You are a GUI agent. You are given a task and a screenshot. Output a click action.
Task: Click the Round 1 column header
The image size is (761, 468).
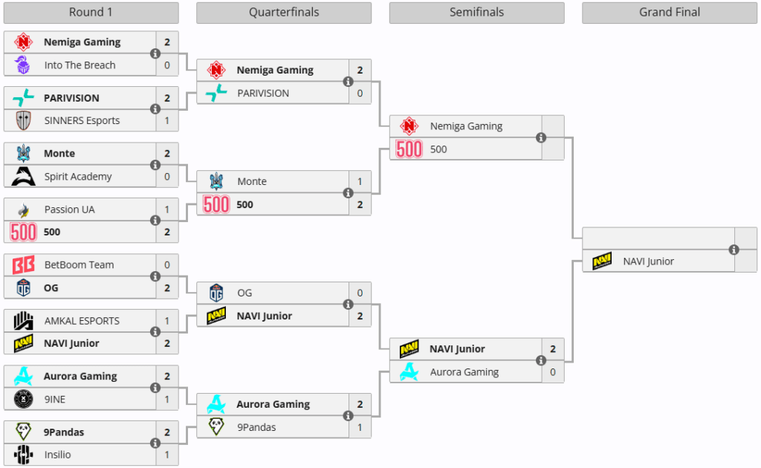(91, 13)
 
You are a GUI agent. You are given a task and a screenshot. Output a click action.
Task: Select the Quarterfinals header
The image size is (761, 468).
(284, 13)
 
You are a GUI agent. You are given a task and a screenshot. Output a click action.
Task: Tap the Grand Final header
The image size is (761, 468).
(670, 13)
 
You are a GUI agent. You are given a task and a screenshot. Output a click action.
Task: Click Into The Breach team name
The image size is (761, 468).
(80, 65)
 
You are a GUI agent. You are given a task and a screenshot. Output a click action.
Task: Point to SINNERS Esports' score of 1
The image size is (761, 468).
(167, 120)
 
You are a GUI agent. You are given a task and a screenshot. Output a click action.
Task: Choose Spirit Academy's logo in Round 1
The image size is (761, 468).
(24, 176)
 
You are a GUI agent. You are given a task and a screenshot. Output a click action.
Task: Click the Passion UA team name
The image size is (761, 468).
(69, 209)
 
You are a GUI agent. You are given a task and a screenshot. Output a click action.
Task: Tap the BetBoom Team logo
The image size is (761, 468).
(24, 265)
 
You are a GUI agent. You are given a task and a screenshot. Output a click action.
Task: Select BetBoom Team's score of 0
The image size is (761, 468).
(167, 265)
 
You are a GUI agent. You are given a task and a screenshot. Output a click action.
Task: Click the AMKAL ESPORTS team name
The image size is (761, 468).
(82, 321)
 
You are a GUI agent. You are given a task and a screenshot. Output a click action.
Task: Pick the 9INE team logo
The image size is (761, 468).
(24, 399)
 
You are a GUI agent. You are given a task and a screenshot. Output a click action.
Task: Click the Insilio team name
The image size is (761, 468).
(58, 455)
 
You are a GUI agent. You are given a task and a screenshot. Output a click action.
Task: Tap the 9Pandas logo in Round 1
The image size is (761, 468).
(24, 432)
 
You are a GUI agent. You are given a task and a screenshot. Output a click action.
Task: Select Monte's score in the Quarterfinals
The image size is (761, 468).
(360, 181)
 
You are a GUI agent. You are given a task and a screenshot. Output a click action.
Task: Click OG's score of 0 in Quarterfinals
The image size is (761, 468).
(360, 293)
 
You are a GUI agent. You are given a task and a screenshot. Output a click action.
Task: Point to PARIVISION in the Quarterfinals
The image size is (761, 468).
(263, 93)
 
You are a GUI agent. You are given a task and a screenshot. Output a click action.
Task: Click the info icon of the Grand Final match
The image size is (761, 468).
(734, 250)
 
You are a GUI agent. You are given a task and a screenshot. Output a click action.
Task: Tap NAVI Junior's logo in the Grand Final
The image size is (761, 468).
(602, 261)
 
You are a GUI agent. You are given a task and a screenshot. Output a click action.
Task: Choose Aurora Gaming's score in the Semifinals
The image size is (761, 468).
(553, 372)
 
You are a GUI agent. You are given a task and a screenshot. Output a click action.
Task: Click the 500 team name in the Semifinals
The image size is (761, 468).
(438, 149)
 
